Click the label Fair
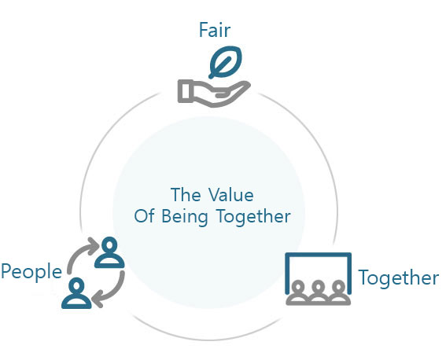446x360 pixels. [x=215, y=30]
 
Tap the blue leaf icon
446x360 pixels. [x=225, y=62]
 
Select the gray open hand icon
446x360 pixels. [x=214, y=94]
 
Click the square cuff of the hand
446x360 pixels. [x=184, y=91]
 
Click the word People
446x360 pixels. [x=31, y=272]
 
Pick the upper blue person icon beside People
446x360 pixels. [x=109, y=252]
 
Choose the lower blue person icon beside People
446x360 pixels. [x=76, y=293]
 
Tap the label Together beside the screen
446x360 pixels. [x=399, y=277]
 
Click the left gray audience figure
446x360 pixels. [x=297, y=292]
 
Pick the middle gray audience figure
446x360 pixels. [x=318, y=292]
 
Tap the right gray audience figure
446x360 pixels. [x=339, y=292]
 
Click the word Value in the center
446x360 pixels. [x=230, y=195]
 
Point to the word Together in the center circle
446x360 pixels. [x=254, y=217]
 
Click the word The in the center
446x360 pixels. [x=186, y=195]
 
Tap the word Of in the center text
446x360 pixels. [x=145, y=216]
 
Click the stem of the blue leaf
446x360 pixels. [x=220, y=68]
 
